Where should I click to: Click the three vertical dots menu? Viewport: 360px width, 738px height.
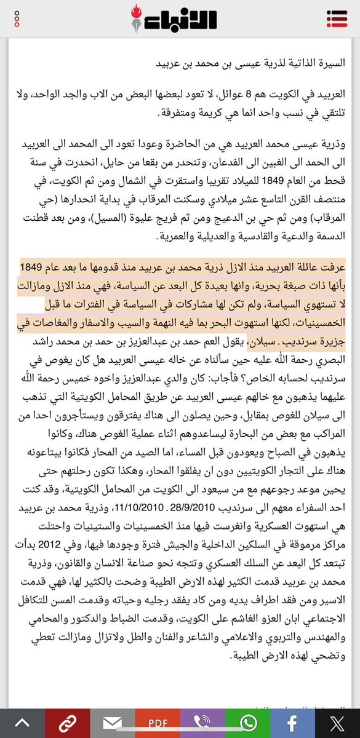(18, 18)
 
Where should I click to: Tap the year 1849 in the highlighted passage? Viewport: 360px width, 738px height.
(33, 268)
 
